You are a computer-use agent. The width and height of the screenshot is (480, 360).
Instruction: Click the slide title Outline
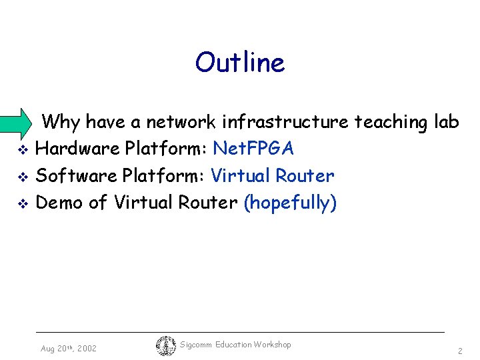click(x=240, y=63)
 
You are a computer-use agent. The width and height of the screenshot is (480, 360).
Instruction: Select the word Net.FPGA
click(x=253, y=149)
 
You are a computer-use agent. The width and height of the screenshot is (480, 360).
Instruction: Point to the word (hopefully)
click(x=290, y=202)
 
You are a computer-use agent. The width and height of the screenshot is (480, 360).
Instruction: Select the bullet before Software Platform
click(x=21, y=177)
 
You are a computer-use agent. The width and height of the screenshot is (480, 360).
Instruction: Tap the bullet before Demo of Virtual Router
click(x=21, y=203)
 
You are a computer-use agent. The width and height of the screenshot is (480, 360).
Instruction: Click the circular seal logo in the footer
click(x=165, y=346)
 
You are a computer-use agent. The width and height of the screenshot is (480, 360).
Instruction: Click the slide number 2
click(x=460, y=351)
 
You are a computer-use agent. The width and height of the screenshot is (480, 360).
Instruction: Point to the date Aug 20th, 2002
click(x=68, y=349)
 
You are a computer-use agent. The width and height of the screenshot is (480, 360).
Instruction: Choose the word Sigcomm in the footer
click(x=196, y=345)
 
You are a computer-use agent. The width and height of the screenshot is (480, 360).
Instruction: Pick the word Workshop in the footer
click(x=273, y=345)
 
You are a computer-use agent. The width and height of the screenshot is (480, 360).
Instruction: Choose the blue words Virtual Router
click(x=272, y=175)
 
